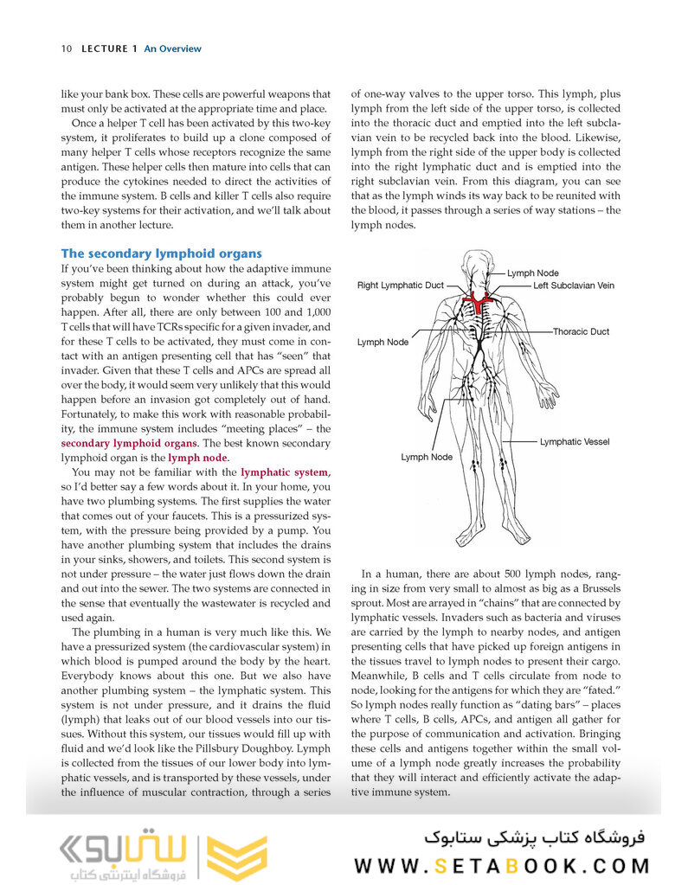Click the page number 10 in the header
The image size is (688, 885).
(x=66, y=48)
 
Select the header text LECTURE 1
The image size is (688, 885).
(x=109, y=48)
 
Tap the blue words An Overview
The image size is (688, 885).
(x=172, y=48)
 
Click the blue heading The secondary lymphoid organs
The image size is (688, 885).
(x=161, y=253)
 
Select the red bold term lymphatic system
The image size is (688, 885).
(x=285, y=472)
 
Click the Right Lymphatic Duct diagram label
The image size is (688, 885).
(x=400, y=285)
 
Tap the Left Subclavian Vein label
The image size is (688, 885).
(x=573, y=285)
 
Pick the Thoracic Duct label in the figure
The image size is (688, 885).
(x=581, y=331)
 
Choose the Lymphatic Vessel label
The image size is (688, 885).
(x=574, y=442)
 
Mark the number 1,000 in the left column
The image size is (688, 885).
(x=316, y=311)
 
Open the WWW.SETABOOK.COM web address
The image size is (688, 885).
(x=501, y=865)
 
